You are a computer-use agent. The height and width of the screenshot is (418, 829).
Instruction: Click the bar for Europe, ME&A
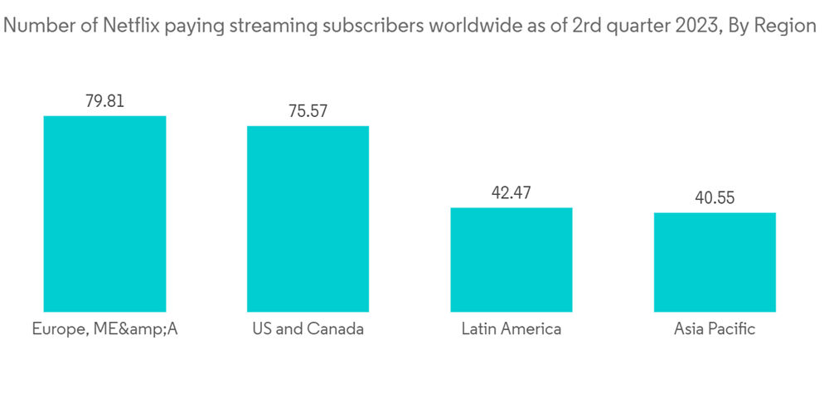[104, 214]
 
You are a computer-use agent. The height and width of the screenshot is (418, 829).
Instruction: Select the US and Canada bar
[308, 219]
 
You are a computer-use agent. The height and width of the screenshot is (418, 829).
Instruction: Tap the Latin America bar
[511, 260]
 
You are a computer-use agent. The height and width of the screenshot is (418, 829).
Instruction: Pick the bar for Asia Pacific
[715, 262]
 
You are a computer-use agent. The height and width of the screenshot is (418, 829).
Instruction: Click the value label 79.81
[104, 101]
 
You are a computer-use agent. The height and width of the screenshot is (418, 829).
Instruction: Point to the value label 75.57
[308, 111]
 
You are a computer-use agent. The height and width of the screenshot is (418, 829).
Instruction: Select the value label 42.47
[511, 193]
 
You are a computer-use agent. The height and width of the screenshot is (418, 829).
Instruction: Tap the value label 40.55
[715, 198]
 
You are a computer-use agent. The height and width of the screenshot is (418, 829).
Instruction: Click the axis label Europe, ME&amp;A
[104, 329]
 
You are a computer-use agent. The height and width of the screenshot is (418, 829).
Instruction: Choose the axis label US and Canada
[308, 329]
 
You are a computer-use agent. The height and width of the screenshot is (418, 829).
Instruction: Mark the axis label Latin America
[511, 329]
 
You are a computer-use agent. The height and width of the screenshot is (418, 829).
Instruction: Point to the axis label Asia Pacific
[715, 329]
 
